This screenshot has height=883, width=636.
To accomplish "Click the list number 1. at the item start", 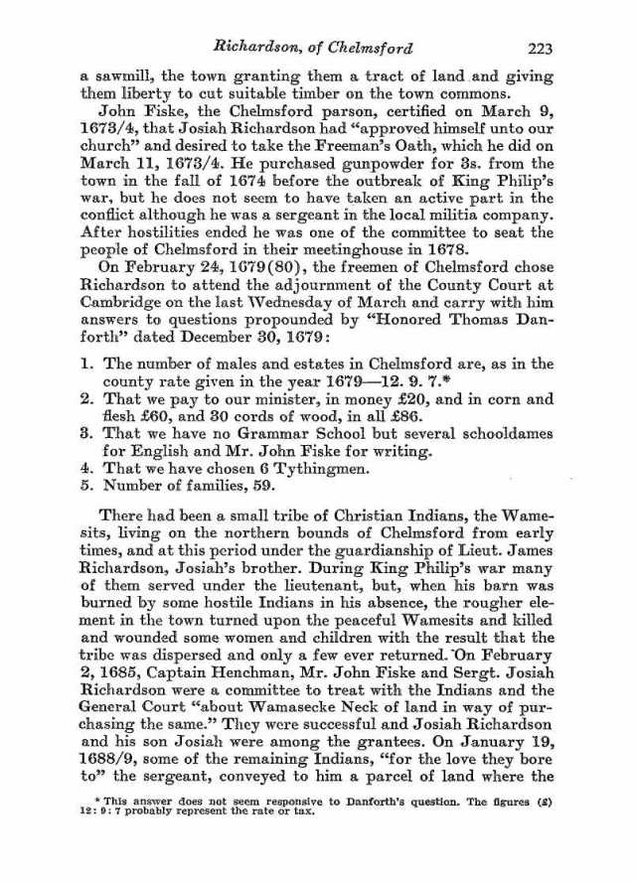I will click(x=86, y=366).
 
